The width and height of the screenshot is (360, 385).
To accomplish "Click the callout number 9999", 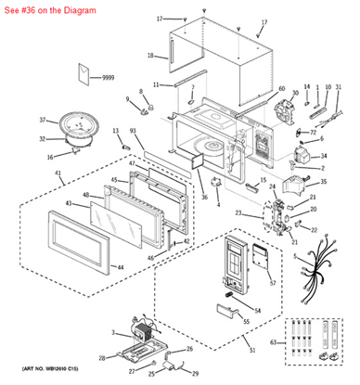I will (108, 77).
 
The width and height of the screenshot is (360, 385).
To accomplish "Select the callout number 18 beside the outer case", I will (150, 56).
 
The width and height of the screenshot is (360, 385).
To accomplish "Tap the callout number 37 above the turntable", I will (42, 120).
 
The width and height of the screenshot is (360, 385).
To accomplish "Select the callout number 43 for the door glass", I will (68, 203).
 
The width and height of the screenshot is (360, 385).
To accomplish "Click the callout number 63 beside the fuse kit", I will (271, 342).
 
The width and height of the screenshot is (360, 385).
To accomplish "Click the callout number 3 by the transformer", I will (114, 332).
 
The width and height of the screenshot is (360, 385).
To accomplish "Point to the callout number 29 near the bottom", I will (196, 374).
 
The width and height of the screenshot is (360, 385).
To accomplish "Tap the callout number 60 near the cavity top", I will (281, 89).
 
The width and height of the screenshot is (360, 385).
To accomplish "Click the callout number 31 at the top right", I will (338, 87).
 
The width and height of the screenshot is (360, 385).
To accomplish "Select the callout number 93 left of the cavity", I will (133, 132).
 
